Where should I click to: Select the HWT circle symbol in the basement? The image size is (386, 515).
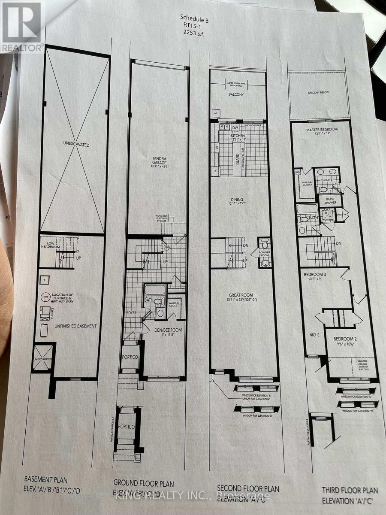coord(45,297)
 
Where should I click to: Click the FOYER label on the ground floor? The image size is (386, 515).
coord(131,313)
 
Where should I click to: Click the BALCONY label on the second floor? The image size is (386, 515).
coord(236,94)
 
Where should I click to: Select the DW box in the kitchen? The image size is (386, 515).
coord(235,127)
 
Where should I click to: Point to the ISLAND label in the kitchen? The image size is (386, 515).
coord(235,157)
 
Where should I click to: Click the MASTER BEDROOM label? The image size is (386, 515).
coord(322,129)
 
